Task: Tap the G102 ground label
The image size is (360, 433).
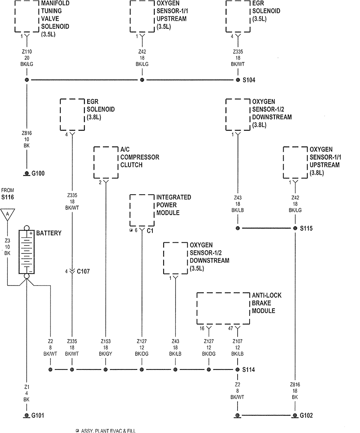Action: pyautogui.click(x=306, y=416)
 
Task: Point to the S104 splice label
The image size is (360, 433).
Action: pyautogui.click(x=249, y=80)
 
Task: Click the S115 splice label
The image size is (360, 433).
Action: pyautogui.click(x=306, y=228)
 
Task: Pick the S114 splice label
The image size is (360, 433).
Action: pyautogui.click(x=249, y=370)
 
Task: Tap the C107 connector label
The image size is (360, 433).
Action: pyautogui.click(x=83, y=271)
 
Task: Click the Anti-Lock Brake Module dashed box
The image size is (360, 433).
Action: pyautogui.click(x=223, y=309)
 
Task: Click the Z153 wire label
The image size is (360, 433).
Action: pyautogui.click(x=105, y=341)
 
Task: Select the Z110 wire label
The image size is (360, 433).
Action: pyautogui.click(x=27, y=52)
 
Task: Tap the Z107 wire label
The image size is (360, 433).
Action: pyautogui.click(x=238, y=341)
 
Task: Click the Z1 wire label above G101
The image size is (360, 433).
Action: pyautogui.click(x=27, y=387)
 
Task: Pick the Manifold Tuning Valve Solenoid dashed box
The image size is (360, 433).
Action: pyautogui.click(x=27, y=16)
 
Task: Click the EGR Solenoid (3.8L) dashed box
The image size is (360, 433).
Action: pyautogui.click(x=72, y=114)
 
